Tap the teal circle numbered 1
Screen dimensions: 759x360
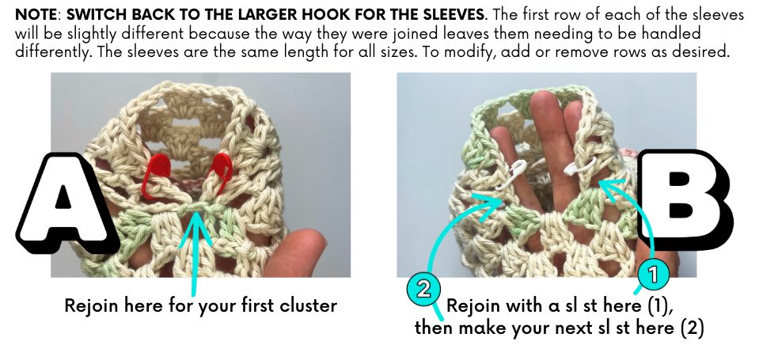[x=654, y=275]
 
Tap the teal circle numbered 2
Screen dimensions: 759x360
[x=423, y=290]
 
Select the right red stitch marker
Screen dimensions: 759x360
[x=218, y=172]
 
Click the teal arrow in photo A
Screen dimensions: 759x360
[x=195, y=252]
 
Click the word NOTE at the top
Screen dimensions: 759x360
[x=36, y=14]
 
